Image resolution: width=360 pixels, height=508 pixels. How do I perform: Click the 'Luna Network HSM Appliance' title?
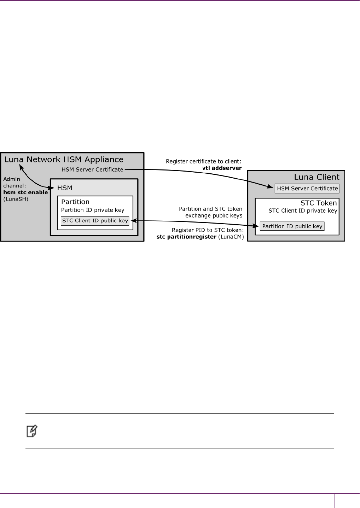point(64,160)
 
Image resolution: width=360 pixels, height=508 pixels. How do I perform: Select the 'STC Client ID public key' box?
point(95,221)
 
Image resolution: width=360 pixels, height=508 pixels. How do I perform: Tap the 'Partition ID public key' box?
point(292,226)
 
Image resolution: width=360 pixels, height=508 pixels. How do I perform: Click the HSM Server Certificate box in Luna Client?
point(307,189)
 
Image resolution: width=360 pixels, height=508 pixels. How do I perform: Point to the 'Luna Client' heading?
point(317,177)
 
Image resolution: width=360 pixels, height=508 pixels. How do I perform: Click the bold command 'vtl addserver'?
point(222,168)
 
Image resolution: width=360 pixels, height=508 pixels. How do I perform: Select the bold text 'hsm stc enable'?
point(25,192)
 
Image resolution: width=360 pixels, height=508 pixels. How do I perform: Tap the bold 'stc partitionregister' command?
point(186,237)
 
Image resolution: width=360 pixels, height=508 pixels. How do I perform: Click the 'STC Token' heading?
point(318,203)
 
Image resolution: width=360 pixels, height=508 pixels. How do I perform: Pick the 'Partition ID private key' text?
point(93,210)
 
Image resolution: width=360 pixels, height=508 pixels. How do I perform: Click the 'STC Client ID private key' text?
point(303,211)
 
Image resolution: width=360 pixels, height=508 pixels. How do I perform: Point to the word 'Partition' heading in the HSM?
point(75,202)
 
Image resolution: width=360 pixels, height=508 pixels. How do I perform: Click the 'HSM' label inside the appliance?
point(65,188)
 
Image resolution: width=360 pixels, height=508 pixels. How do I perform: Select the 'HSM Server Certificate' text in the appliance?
point(92,170)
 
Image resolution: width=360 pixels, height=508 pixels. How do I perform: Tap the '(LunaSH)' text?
point(16,199)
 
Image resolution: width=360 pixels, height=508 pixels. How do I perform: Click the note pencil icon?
point(32,431)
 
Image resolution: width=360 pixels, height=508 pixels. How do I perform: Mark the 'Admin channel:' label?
point(14,183)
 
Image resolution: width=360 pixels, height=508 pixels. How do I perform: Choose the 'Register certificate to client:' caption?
point(204,162)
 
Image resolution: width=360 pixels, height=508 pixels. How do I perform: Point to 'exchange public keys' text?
point(214,216)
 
